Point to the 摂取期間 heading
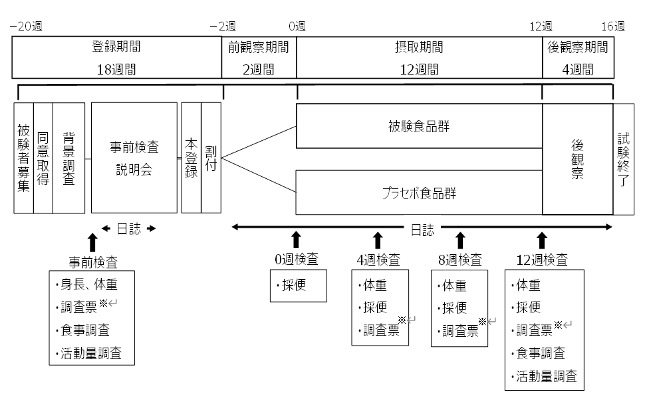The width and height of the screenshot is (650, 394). (x=419, y=47)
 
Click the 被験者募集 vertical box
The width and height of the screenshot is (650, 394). (x=24, y=157)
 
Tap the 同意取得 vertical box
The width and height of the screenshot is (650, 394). (x=43, y=157)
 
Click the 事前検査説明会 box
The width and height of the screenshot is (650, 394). (x=133, y=157)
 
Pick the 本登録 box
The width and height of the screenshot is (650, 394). (x=191, y=157)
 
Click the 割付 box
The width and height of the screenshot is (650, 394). (x=211, y=157)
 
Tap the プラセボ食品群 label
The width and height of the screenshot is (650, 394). (x=419, y=190)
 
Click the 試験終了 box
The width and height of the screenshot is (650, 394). (x=624, y=157)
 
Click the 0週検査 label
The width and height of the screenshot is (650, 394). (x=296, y=258)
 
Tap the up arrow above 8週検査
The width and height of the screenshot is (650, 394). (x=460, y=241)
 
